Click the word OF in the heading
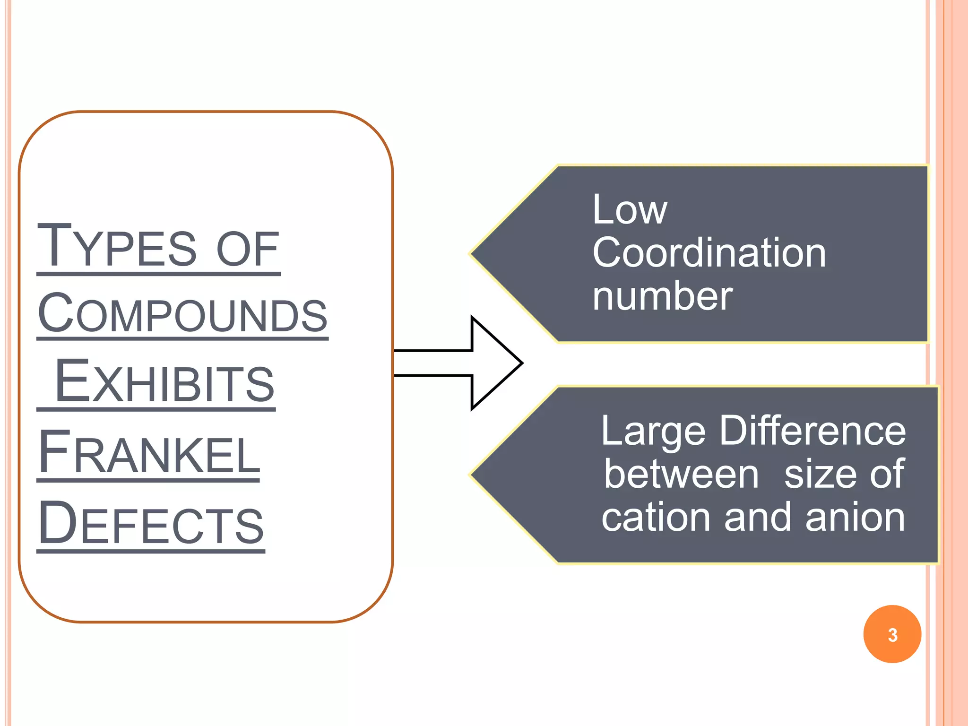[247, 249]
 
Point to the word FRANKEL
[149, 452]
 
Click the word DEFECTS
[151, 523]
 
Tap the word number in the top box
[662, 296]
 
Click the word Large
[654, 431]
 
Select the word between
[681, 474]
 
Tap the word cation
[655, 517]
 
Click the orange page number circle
[892, 634]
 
